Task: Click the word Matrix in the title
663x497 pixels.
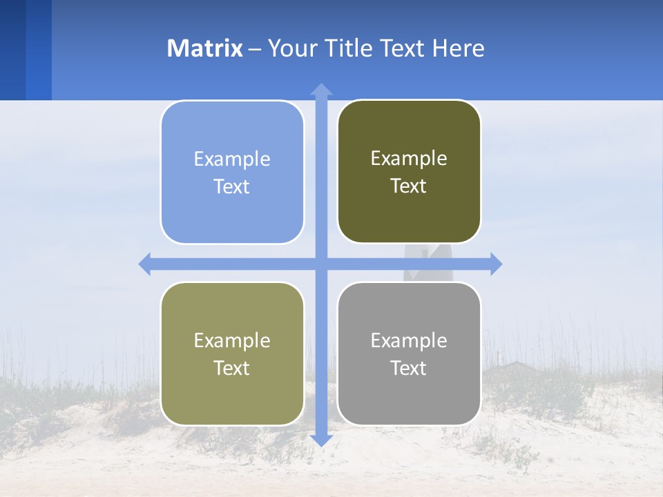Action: tap(204, 48)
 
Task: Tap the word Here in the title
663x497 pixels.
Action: tap(458, 48)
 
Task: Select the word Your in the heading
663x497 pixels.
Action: tap(293, 48)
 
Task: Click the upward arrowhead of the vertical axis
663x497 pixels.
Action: tap(321, 89)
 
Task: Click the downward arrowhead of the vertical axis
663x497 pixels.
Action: tap(321, 440)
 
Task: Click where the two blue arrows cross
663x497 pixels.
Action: tap(321, 264)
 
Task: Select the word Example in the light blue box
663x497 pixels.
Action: tap(232, 159)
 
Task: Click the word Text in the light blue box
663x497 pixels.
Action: tap(231, 187)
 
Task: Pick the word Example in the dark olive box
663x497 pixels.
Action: tap(409, 159)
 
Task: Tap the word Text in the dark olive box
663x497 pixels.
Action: tap(408, 186)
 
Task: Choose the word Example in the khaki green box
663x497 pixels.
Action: tap(232, 341)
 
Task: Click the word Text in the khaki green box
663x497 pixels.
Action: tap(231, 369)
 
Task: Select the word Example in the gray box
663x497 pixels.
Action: tap(409, 341)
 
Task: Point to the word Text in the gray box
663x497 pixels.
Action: tap(408, 369)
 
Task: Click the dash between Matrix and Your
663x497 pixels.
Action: tap(255, 49)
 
